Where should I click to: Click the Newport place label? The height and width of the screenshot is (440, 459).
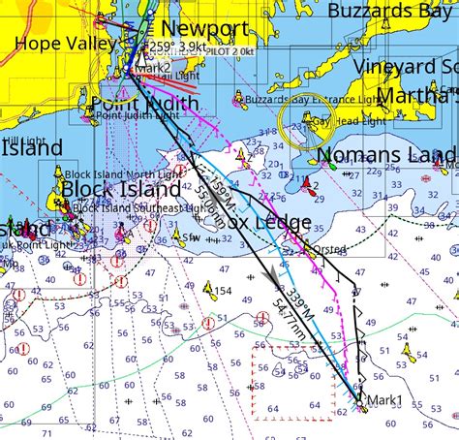point(204,28)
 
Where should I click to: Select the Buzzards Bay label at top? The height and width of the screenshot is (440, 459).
point(391,10)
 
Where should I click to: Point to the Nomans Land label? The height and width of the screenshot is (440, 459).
point(387,156)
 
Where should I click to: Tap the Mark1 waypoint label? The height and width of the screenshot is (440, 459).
point(384,399)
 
